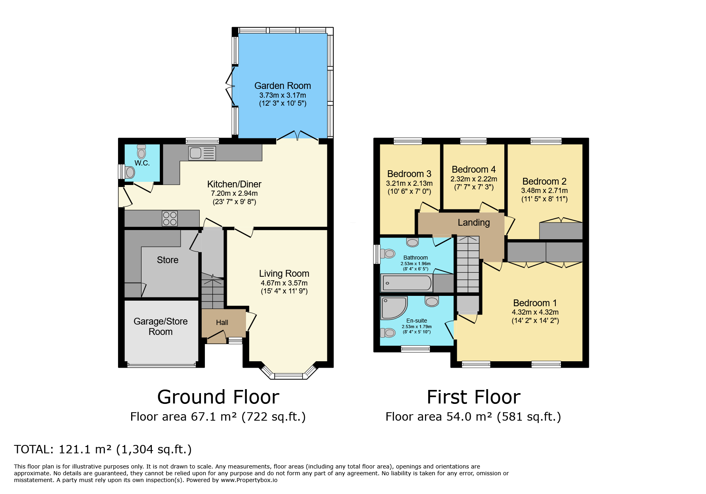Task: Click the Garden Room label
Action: click(282, 86)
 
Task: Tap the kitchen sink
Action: click(202, 153)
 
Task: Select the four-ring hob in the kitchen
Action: click(170, 218)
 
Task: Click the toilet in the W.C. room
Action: click(142, 151)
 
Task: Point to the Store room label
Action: click(167, 260)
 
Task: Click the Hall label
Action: click(222, 323)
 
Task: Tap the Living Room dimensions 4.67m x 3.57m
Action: click(284, 283)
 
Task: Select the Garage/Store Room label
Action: click(161, 327)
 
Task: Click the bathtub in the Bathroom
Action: click(407, 283)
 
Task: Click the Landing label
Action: click(474, 222)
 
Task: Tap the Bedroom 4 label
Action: click(474, 169)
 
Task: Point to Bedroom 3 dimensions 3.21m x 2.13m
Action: click(409, 183)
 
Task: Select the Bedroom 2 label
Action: click(544, 181)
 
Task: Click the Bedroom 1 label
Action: click(535, 303)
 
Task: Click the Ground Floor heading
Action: click(218, 397)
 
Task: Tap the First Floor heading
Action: click(474, 397)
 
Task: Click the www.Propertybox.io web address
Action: click(249, 480)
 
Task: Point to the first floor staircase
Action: click(468, 264)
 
